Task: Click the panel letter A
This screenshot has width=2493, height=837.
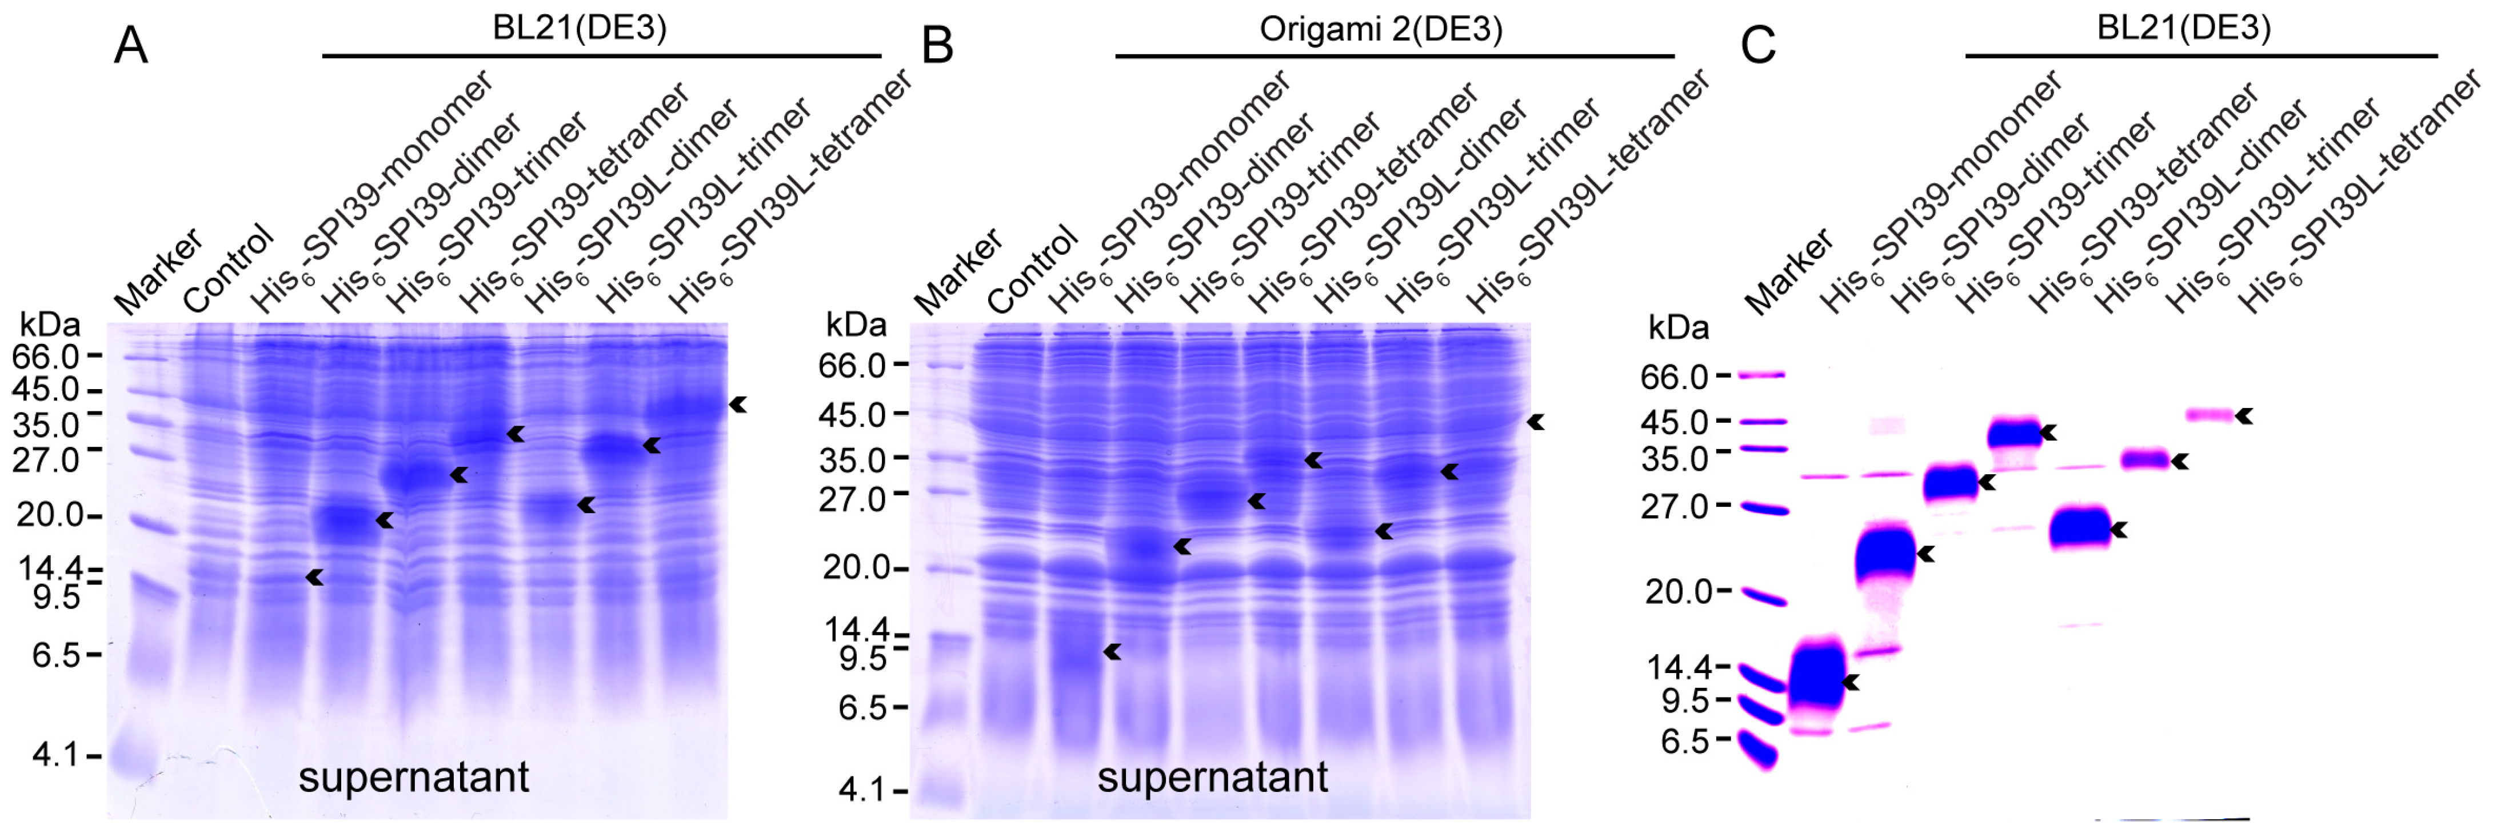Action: pos(131,46)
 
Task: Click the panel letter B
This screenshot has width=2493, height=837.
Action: pos(937,46)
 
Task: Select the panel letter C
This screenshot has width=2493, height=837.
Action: pos(1757,46)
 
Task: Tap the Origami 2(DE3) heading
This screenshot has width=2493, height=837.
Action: pos(1381,29)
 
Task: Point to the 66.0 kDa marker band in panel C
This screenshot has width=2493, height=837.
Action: pos(1761,374)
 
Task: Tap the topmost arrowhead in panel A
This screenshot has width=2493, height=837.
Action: pos(738,405)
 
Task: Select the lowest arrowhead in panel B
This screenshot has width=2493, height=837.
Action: pos(1113,652)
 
